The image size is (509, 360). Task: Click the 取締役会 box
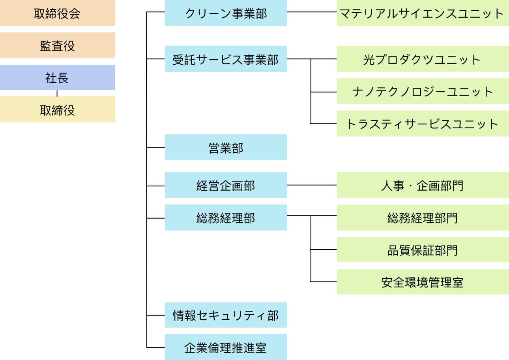(57, 13)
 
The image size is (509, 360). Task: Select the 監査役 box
(57, 45)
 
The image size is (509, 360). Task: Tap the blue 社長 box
(57, 77)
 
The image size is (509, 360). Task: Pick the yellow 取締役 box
(57, 109)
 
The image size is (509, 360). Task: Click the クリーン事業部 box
(226, 13)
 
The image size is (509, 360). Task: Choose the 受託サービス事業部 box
(226, 59)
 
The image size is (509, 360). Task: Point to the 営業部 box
(226, 147)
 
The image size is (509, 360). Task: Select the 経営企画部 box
(226, 185)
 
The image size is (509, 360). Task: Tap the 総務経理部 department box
(226, 217)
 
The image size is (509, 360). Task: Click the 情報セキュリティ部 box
(226, 315)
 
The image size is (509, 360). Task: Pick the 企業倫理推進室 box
(226, 347)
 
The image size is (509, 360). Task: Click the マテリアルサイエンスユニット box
(423, 13)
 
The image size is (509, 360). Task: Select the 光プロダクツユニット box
(423, 59)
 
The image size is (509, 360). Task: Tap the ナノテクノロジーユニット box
(423, 92)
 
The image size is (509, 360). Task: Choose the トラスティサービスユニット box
(423, 124)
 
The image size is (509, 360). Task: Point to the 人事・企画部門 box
(423, 185)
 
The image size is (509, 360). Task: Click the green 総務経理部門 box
(423, 217)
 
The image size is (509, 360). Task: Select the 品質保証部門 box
(423, 250)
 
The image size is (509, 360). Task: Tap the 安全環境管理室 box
(423, 282)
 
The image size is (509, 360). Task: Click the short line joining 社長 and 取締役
(57, 93)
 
